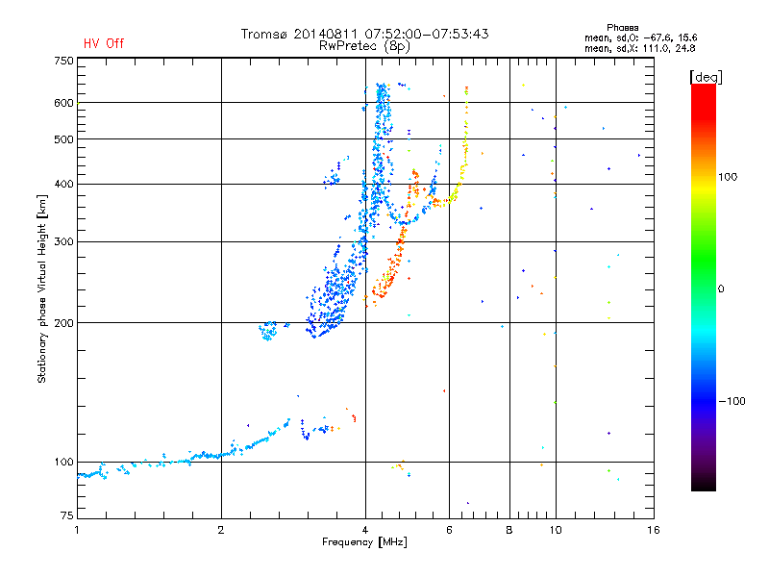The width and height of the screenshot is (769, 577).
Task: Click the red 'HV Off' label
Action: coord(104,43)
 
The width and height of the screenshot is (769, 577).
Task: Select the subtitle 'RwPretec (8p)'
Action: coord(364,46)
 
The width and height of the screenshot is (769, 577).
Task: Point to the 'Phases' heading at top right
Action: coord(622,28)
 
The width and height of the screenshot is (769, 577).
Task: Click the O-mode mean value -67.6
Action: coord(656,38)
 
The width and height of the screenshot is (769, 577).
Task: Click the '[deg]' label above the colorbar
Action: coord(706,77)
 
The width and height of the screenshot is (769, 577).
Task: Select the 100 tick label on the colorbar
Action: coord(728,177)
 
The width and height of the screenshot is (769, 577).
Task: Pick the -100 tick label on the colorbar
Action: coord(732,401)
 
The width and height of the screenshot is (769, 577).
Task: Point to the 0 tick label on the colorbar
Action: coord(721,288)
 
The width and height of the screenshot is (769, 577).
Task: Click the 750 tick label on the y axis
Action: coord(63,61)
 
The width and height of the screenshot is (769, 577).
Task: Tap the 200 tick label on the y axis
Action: coord(63,323)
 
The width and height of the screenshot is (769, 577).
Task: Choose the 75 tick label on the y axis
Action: coord(67,515)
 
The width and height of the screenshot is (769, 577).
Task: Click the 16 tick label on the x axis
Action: coord(654,530)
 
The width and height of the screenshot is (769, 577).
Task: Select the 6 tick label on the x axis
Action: coord(449,530)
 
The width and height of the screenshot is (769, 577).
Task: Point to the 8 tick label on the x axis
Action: coord(509,530)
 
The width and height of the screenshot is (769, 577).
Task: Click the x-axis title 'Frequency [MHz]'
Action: coord(364,542)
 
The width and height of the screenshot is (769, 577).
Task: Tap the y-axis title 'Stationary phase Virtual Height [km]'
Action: coord(42,289)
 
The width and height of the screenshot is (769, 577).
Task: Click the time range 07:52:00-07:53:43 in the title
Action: coord(426,34)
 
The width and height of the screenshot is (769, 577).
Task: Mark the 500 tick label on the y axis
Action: coord(63,139)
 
